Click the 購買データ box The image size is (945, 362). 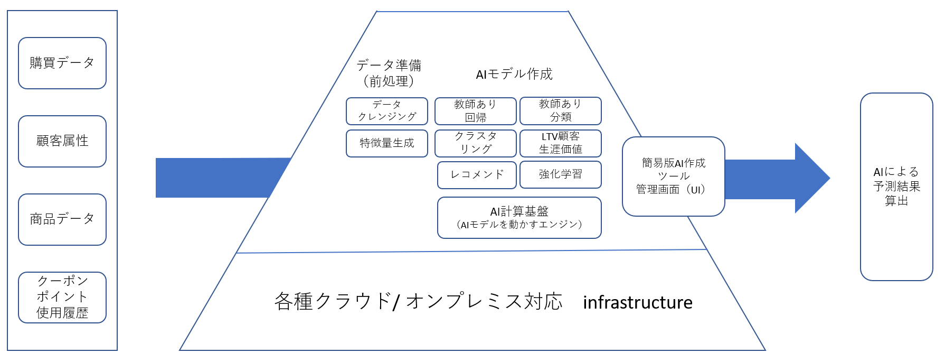pyautogui.click(x=62, y=63)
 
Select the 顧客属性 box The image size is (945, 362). pyautogui.click(x=62, y=141)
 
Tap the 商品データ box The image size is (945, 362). pyautogui.click(x=62, y=219)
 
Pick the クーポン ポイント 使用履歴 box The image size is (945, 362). pyautogui.click(x=62, y=297)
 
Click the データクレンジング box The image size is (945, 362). pyautogui.click(x=387, y=111)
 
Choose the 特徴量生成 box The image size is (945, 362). pyautogui.click(x=387, y=143)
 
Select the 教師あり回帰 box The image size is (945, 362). pyautogui.click(x=476, y=111)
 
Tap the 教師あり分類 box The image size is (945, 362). pyautogui.click(x=561, y=111)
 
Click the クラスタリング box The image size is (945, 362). pyautogui.click(x=476, y=143)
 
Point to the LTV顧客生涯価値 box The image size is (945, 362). pyautogui.click(x=561, y=143)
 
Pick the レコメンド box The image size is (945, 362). pyautogui.click(x=477, y=175)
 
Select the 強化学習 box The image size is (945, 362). pyautogui.click(x=561, y=174)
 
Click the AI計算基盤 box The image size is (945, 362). pyautogui.click(x=519, y=218)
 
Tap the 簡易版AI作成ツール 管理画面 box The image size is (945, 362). pyautogui.click(x=674, y=177)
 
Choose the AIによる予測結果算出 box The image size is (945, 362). pyautogui.click(x=896, y=187)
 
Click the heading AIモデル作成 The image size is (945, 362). pyautogui.click(x=514, y=74)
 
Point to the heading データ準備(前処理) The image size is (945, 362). pyautogui.click(x=389, y=73)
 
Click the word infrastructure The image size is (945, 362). pyautogui.click(x=638, y=302)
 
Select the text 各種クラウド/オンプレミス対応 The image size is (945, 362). pyautogui.click(x=418, y=301)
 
